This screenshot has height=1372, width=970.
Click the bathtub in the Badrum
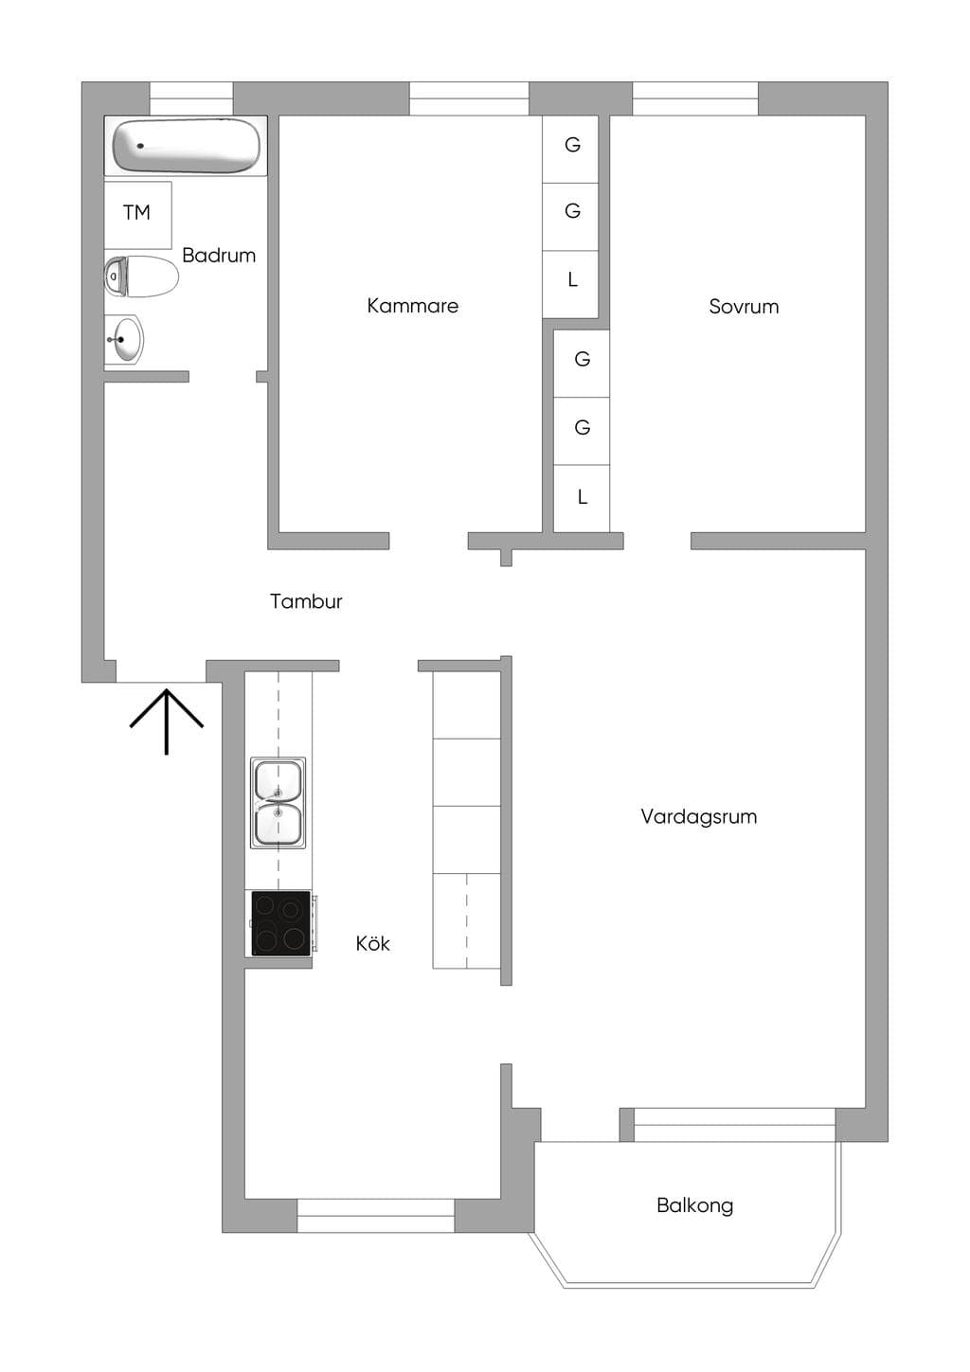coord(186,146)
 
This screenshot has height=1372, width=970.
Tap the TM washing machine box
coord(137,215)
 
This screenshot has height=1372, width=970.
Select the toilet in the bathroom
coord(141,276)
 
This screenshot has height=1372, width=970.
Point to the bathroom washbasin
coord(124,339)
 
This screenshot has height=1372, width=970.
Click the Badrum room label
coord(219,255)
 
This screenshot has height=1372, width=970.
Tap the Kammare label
coord(412,306)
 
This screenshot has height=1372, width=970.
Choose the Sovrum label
coord(744,306)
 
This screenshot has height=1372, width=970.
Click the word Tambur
coord(306,601)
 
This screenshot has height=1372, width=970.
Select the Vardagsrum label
coord(698,817)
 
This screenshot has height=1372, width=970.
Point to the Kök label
coord(372,943)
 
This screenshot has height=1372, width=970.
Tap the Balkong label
coord(695,1205)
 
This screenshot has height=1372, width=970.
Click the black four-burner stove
coord(281,923)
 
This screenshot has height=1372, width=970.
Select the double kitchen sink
coord(278,803)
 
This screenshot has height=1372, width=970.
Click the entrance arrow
coord(166,722)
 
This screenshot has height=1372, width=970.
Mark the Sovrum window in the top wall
coord(695,98)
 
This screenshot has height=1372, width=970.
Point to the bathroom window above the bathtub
coord(191,98)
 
